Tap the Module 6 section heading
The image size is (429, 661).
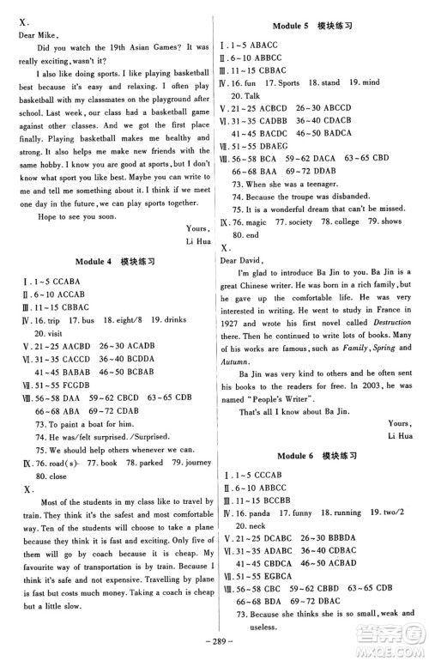tap(322, 452)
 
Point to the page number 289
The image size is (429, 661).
tap(214, 651)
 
